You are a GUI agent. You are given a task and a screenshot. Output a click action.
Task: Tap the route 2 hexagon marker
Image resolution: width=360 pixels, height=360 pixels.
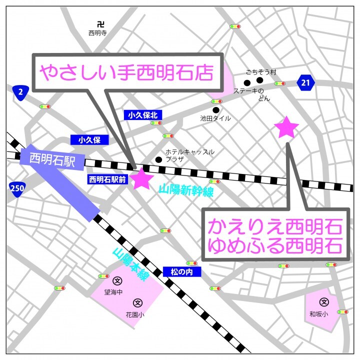pyautogui.click(x=20, y=91)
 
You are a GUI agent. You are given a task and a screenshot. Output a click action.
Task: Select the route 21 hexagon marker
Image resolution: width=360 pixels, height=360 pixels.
pyautogui.click(x=305, y=83)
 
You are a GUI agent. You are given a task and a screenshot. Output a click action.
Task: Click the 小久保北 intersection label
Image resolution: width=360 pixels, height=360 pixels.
pyautogui.click(x=142, y=115)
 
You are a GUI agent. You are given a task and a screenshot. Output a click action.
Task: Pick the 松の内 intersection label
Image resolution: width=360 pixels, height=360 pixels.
pyautogui.click(x=181, y=272)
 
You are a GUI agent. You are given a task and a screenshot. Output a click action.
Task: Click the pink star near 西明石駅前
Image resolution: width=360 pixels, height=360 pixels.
pyautogui.click(x=141, y=179)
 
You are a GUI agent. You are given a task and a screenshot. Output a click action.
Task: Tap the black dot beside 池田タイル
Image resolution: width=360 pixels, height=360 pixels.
pyautogui.click(x=216, y=110)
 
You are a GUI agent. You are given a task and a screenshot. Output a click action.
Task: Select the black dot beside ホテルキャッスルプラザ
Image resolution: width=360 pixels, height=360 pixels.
pyautogui.click(x=158, y=160)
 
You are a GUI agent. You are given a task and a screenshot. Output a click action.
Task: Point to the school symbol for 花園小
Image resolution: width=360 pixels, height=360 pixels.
pyautogui.click(x=137, y=302)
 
